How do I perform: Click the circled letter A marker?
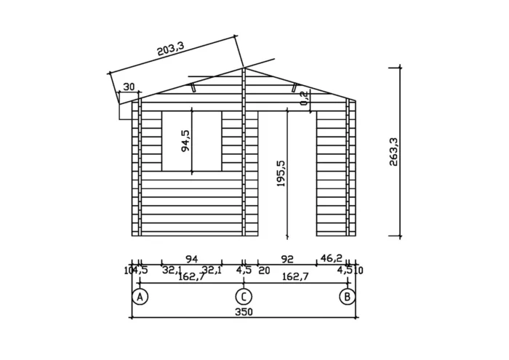pos(140,297)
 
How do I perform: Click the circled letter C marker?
pos(244,297)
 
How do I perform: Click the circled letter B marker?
pos(348,297)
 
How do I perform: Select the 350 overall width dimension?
pos(244,312)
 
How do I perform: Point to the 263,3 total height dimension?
pos(393,151)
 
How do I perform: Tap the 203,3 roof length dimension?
pos(171,49)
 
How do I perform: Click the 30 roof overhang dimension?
pos(129,87)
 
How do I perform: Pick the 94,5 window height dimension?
pos(186,141)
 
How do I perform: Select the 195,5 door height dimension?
pos(281,174)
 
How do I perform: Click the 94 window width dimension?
pos(191,259)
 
